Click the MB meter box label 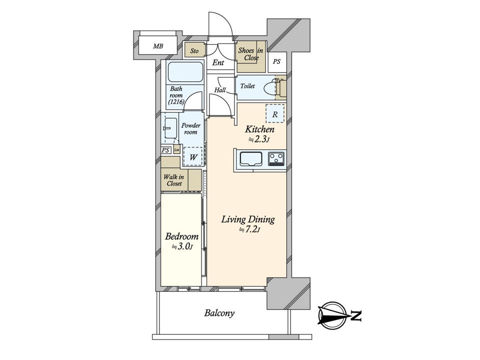(x=158, y=46)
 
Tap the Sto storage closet (x=194, y=50)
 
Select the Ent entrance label (x=218, y=63)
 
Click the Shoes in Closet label (x=250, y=54)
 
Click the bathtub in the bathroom (x=185, y=72)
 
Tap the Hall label (x=220, y=90)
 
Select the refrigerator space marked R (x=275, y=114)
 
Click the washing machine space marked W (x=193, y=156)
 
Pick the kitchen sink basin (x=250, y=159)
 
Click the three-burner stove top (x=276, y=159)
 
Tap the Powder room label (x=190, y=128)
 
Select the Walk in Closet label (x=174, y=180)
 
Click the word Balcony (x=219, y=313)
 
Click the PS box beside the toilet (x=276, y=62)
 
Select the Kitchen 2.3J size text (x=259, y=139)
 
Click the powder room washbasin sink (x=170, y=128)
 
